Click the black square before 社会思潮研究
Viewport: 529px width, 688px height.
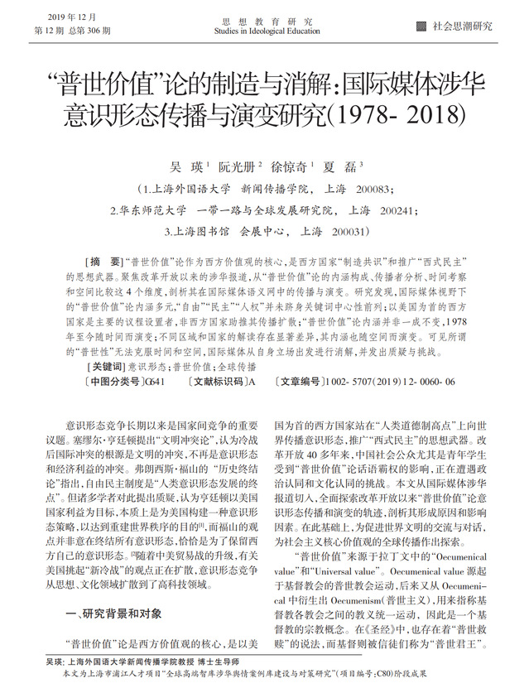click(x=422, y=26)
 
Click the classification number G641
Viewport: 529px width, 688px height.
click(x=154, y=382)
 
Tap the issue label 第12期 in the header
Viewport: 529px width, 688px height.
click(x=48, y=30)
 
